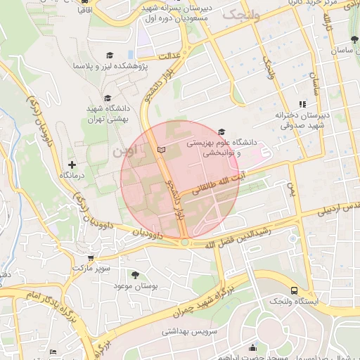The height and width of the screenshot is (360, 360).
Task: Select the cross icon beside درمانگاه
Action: click(71, 163)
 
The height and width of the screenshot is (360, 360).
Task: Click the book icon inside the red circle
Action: click(162, 150)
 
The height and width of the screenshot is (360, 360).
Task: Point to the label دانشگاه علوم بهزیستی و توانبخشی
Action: click(214, 147)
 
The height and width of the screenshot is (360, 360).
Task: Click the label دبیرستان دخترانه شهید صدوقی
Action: click(302, 120)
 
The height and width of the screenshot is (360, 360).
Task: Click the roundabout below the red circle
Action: click(184, 243)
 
